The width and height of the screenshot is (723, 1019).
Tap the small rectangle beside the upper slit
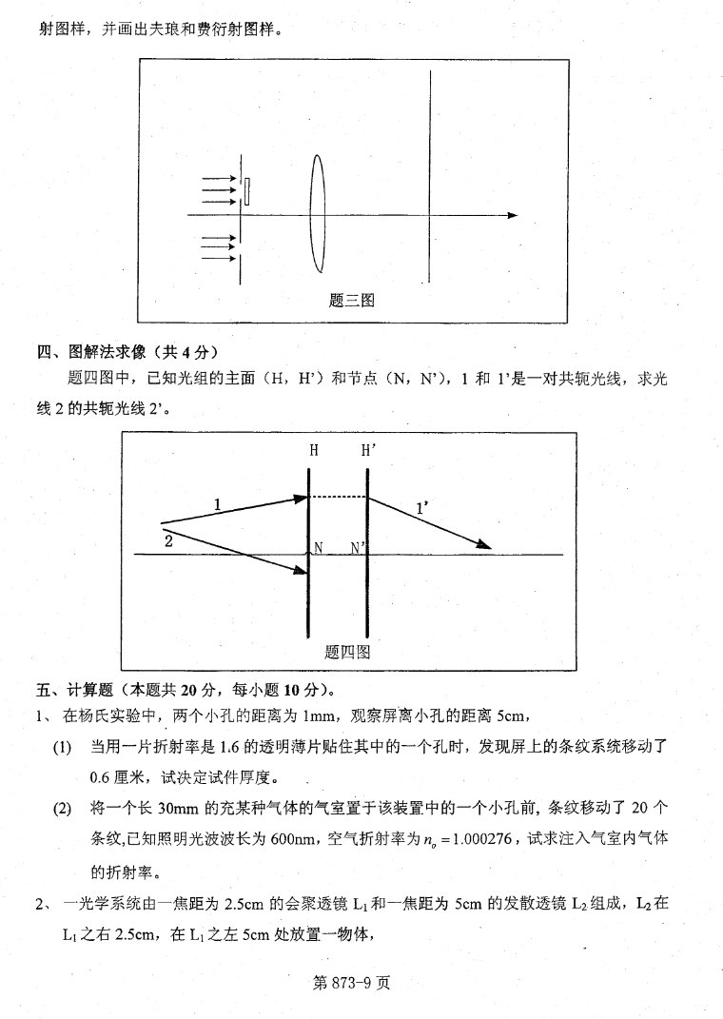point(247,191)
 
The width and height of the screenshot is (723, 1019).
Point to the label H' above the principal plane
point(370,451)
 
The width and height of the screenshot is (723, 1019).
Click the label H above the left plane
point(313,451)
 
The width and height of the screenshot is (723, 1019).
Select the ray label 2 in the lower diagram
point(168,540)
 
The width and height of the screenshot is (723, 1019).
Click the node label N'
point(359,548)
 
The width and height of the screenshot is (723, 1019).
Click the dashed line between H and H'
point(339,497)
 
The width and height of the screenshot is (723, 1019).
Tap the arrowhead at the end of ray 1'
point(485,544)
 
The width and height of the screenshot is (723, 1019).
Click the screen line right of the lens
point(431,176)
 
